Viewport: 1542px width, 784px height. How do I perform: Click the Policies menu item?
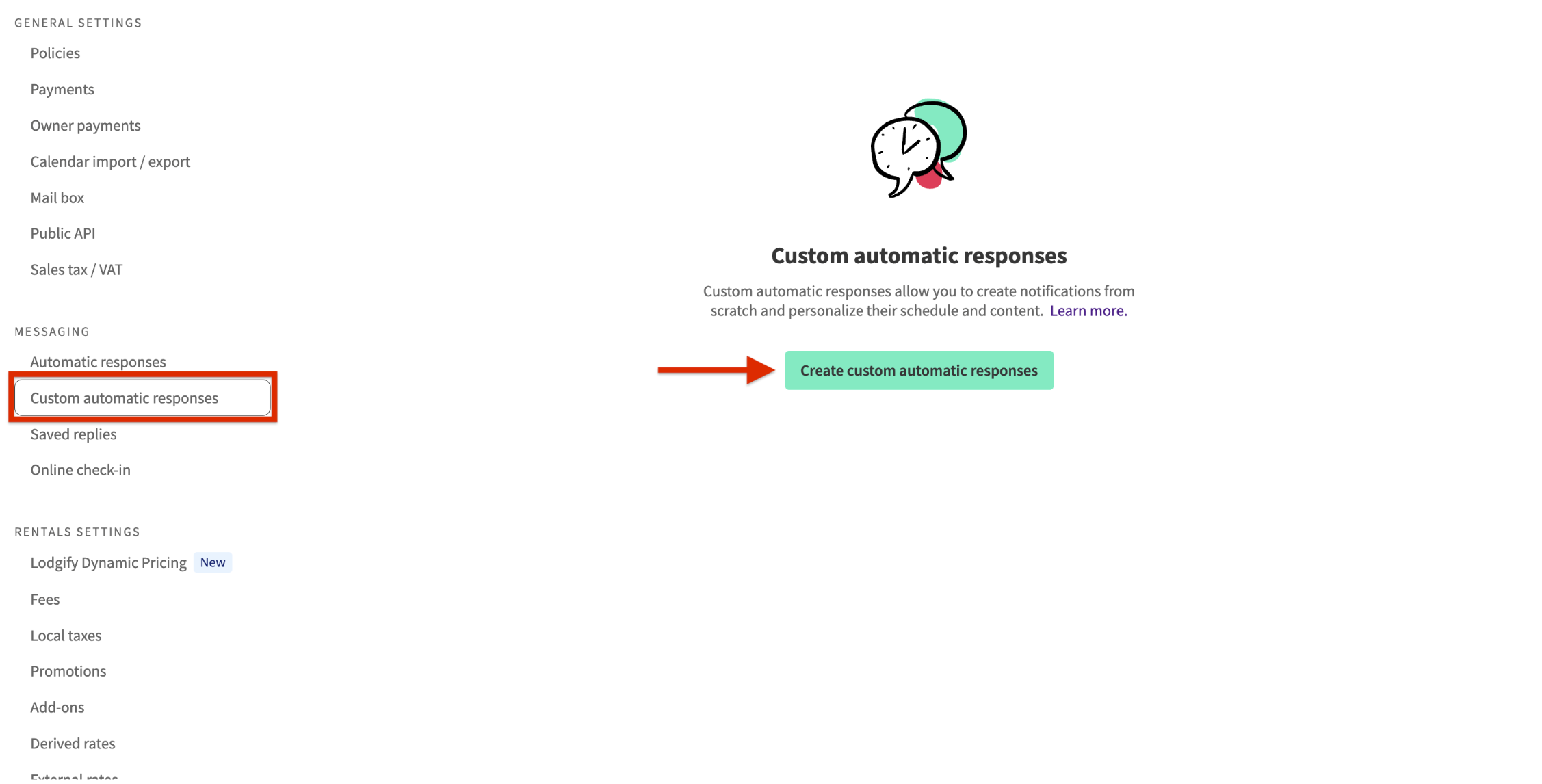55,53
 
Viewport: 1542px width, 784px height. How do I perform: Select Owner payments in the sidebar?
86,126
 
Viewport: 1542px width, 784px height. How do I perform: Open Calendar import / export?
110,162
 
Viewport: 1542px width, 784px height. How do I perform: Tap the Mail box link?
57,198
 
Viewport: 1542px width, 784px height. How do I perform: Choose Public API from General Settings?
63,234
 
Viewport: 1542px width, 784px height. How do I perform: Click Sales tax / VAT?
77,270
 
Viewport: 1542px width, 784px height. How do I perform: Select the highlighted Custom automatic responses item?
125,398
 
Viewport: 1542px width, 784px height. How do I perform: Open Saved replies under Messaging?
74,434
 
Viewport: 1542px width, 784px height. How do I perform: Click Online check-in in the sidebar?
81,471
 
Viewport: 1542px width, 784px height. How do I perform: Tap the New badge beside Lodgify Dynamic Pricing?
213,562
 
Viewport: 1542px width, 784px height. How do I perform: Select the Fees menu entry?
45,600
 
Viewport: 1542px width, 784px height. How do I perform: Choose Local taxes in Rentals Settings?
66,636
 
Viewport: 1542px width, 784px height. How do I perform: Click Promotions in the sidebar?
68,672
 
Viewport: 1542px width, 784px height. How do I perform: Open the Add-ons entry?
57,708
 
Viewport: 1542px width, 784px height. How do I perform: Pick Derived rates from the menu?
73,744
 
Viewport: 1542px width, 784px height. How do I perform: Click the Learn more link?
1088,311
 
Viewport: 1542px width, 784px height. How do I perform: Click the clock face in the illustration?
904,147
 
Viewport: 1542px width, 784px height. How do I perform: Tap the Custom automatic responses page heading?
919,256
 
